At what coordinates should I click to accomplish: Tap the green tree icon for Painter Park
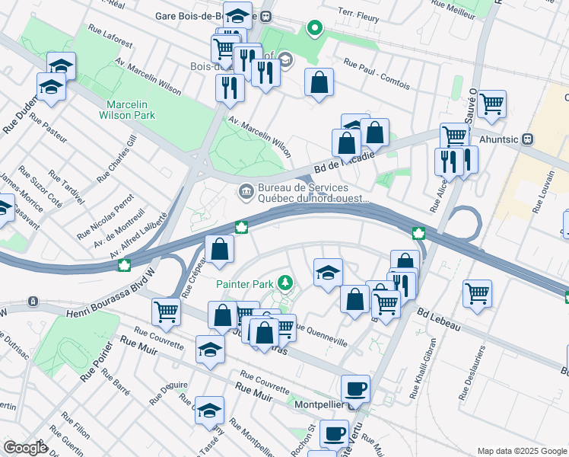(285, 284)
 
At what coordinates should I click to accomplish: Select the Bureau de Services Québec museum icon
(246, 190)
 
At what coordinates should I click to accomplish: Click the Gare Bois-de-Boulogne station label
(206, 15)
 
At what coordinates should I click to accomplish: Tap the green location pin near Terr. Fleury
(313, 30)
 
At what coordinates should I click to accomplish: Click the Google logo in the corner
(24, 447)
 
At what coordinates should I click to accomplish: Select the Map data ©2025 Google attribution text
(521, 451)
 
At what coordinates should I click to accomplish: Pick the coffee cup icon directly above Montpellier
(355, 390)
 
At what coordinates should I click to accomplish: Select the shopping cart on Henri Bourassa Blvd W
(166, 311)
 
